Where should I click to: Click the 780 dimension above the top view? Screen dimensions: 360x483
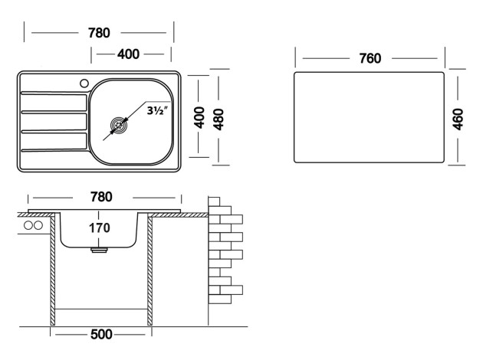pyautogui.click(x=99, y=33)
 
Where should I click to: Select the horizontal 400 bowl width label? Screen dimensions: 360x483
pyautogui.click(x=128, y=54)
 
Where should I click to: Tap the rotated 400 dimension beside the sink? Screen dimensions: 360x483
pyautogui.click(x=199, y=118)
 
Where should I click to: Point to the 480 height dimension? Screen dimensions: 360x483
pyautogui.click(x=219, y=118)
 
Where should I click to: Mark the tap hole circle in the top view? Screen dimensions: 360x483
pyautogui.click(x=84, y=82)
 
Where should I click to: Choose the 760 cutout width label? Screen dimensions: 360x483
pyautogui.click(x=370, y=58)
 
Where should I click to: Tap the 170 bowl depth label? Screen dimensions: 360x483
pyautogui.click(x=99, y=227)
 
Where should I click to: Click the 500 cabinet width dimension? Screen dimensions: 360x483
pyautogui.click(x=101, y=335)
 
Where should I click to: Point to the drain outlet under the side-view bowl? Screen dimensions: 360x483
pyautogui.click(x=99, y=249)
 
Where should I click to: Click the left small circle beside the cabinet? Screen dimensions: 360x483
pyautogui.click(x=28, y=226)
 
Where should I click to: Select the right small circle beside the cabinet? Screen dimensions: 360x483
pyautogui.click(x=38, y=226)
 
